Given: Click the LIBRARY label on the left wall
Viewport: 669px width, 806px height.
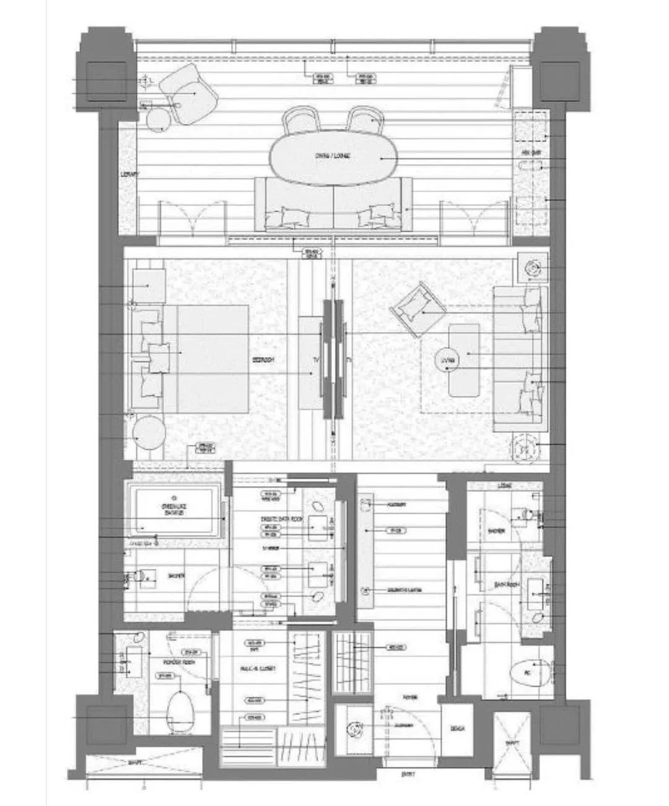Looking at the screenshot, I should tap(129, 174).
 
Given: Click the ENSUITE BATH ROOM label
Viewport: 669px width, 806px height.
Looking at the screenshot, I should tap(286, 519).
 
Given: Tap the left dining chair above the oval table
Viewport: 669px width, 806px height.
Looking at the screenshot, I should tap(300, 118).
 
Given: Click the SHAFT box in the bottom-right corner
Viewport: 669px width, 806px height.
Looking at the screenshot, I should tap(512, 743).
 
